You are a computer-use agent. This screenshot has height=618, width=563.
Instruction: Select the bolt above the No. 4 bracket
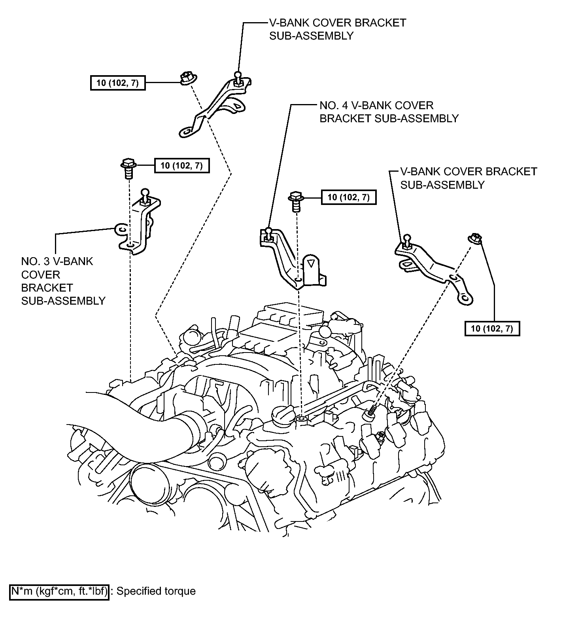click(x=296, y=201)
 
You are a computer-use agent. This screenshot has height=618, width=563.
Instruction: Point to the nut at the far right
click(x=476, y=239)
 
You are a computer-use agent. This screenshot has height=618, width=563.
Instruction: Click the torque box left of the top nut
click(x=118, y=83)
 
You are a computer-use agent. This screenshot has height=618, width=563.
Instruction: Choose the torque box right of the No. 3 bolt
click(x=182, y=165)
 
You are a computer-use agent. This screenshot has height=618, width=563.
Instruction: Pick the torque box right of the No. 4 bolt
click(x=349, y=197)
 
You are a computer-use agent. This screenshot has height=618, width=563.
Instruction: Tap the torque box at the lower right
click(x=492, y=328)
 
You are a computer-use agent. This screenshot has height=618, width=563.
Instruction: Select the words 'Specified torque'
click(x=157, y=591)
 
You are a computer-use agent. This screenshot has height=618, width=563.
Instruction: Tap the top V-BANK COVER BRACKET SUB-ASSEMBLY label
click(x=338, y=29)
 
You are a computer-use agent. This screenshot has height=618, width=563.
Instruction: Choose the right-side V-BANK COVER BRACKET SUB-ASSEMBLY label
click(x=469, y=178)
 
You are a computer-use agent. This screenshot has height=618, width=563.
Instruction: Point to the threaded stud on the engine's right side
click(x=370, y=412)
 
